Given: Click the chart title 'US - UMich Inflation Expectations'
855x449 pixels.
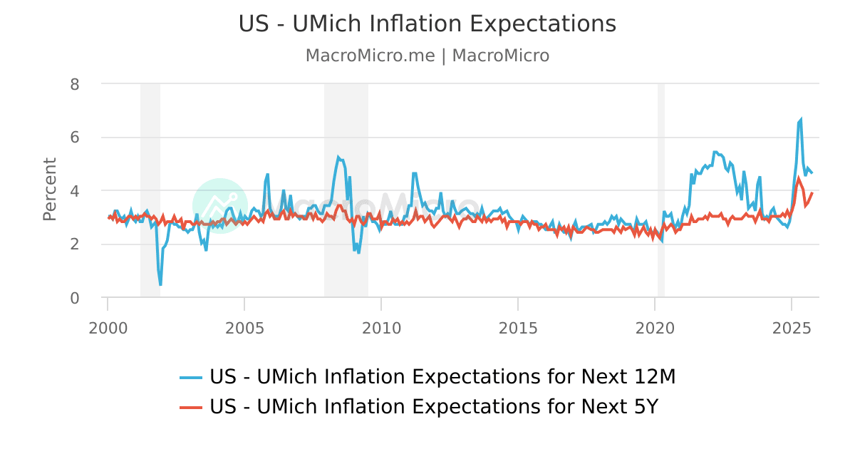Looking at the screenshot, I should click(x=427, y=24).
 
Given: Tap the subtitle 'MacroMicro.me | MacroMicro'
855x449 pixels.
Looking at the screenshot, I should click(x=427, y=56).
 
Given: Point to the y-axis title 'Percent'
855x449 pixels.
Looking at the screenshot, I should click(x=49, y=189).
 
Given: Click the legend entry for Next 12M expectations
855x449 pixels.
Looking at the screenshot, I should click(x=442, y=377).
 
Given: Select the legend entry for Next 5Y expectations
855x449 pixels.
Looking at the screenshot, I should click(x=433, y=407).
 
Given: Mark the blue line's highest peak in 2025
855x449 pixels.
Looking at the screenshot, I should click(x=801, y=120).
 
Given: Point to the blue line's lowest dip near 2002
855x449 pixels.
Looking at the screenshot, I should click(x=160, y=284).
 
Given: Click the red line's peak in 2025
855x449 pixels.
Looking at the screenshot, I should click(x=799, y=178).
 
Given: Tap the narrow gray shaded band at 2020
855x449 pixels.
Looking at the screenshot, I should click(x=660, y=190).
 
